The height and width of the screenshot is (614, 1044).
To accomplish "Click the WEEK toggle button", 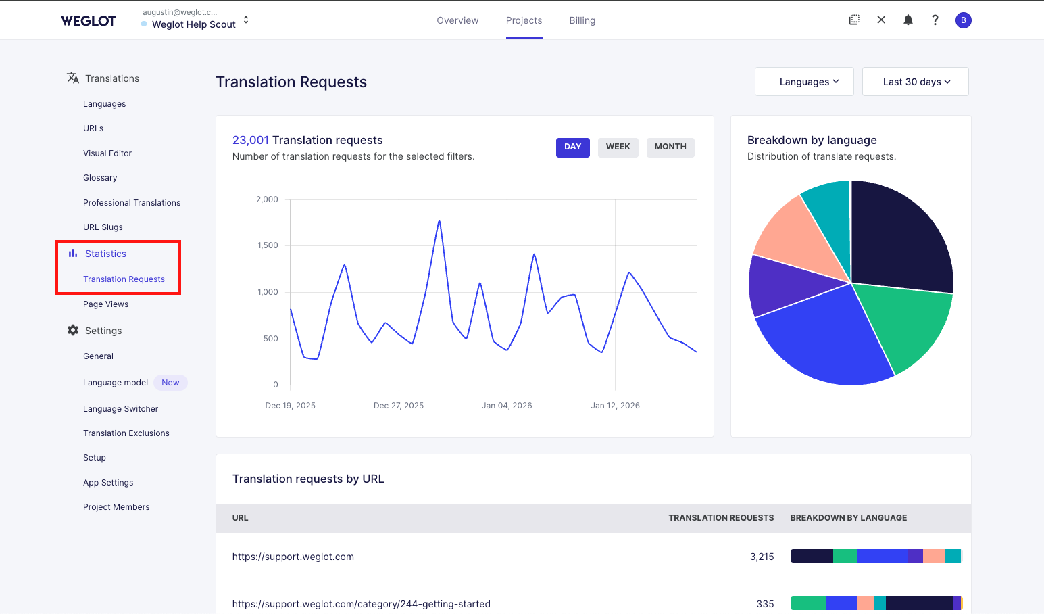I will click(x=618, y=147).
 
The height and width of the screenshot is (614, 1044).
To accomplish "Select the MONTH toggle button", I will click(x=670, y=147).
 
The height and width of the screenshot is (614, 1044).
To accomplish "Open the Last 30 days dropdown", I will click(x=915, y=82).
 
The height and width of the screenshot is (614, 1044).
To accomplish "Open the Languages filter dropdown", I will click(x=804, y=82).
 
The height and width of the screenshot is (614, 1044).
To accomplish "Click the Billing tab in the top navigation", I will click(x=582, y=20).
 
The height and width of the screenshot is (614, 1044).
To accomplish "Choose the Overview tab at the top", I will click(x=457, y=20).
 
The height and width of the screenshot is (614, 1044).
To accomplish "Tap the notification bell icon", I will click(x=908, y=20).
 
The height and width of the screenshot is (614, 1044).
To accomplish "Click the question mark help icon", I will click(x=935, y=20).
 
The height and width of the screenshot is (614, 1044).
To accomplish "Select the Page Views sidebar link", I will click(x=105, y=304).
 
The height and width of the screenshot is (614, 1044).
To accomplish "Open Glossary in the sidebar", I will click(x=100, y=178).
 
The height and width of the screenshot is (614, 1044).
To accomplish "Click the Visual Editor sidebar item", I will click(x=107, y=153).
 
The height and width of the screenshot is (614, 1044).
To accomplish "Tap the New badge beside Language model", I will click(x=170, y=383).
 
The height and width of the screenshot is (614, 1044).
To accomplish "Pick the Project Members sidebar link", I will click(x=116, y=507).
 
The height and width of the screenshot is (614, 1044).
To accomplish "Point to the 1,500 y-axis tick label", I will click(x=268, y=245).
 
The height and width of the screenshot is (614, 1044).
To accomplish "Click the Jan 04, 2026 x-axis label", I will click(x=507, y=406).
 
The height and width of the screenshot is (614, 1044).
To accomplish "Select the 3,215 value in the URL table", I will click(x=762, y=557).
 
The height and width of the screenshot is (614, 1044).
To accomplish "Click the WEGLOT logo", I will click(x=88, y=21).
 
